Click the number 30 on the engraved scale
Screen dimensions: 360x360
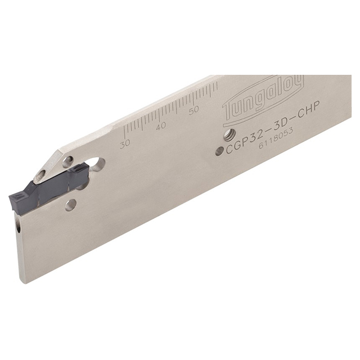tap(124, 143)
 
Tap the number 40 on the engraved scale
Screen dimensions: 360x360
tap(160, 127)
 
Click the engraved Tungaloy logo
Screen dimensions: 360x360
tap(263, 100)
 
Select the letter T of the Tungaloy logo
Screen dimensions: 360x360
tap(229, 114)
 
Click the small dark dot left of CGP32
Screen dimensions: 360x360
tap(221, 151)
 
